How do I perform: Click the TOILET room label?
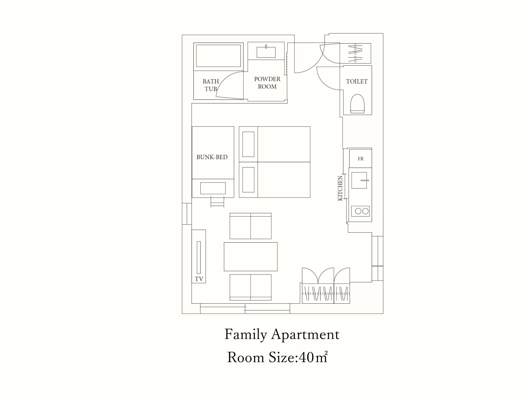357,82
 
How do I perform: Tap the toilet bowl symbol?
358,104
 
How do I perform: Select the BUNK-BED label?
212,157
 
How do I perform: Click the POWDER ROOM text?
267,83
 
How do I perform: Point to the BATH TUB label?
211,85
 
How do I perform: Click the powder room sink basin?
266,52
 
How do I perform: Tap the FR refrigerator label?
361,159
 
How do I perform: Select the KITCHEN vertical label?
340,188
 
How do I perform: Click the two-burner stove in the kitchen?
361,211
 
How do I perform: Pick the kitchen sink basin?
359,180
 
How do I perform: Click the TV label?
199,279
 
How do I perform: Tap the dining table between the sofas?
251,257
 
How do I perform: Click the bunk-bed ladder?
217,202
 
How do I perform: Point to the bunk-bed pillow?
213,188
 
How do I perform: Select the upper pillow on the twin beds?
248,144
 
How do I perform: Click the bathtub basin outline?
218,56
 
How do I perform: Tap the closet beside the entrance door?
355,53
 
